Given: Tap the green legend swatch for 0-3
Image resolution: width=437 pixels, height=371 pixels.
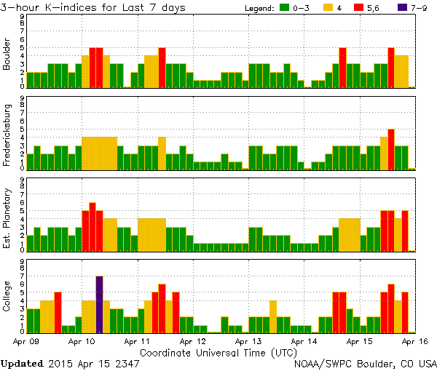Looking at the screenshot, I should point(286,8).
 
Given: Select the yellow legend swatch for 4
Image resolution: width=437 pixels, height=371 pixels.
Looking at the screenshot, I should point(328,8).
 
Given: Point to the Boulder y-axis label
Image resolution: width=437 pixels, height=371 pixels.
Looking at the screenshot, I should point(7,55).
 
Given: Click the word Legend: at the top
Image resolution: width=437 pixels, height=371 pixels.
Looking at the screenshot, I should point(257,8).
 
